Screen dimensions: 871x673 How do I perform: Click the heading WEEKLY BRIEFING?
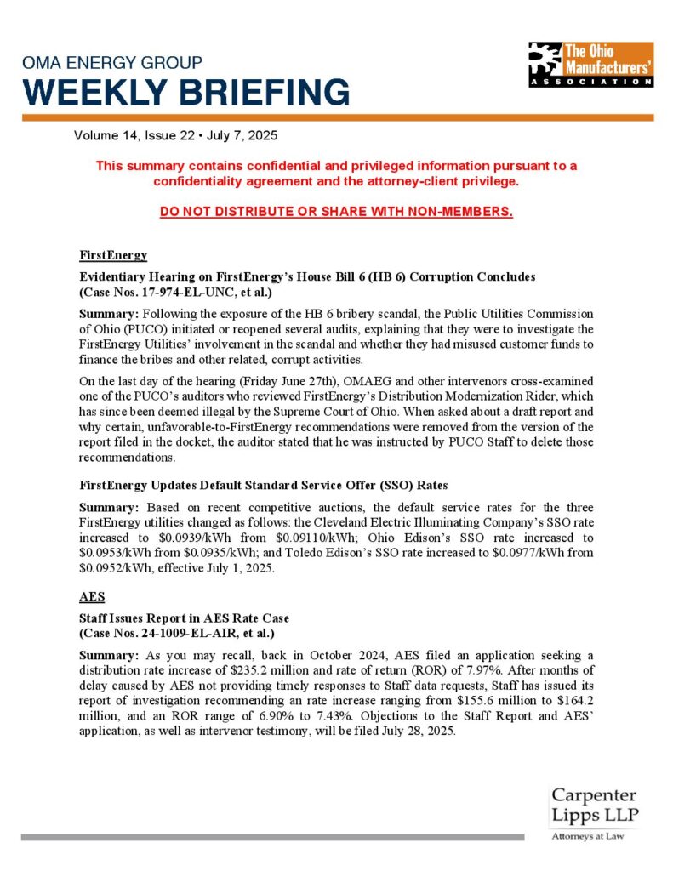click(185, 91)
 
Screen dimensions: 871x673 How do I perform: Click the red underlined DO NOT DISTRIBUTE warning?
click(336, 211)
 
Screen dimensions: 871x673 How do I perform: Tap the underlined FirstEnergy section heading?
click(113, 255)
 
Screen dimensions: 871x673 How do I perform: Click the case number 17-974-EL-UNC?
click(182, 293)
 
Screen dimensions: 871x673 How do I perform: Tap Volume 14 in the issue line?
click(106, 136)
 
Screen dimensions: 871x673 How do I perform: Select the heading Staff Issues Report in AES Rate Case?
click(184, 620)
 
